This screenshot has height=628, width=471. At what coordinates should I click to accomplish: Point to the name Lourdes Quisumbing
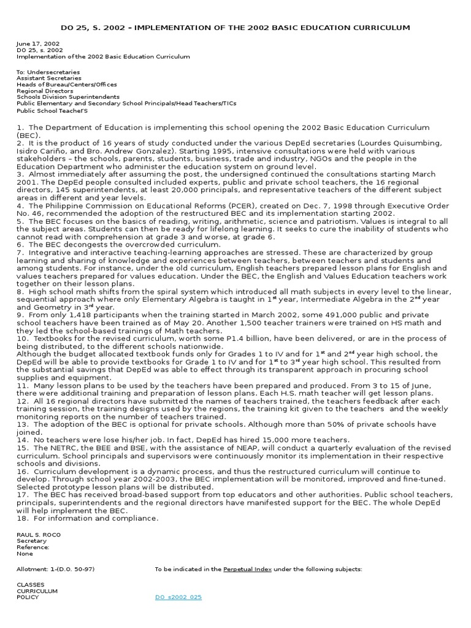401,143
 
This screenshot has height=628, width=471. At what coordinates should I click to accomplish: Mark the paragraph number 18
22,518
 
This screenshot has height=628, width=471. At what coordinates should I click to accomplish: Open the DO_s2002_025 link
178,597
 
